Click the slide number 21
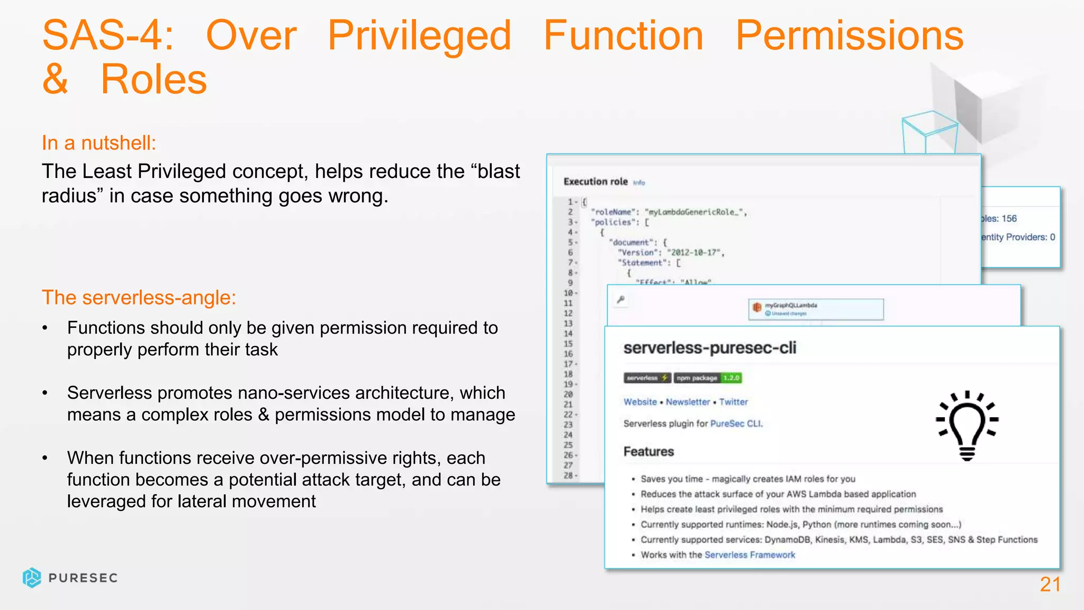click(1050, 585)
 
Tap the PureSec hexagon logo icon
click(32, 578)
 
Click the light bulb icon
click(967, 425)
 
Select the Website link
click(640, 402)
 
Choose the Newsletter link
click(688, 402)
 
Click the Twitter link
click(733, 402)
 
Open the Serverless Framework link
click(749, 555)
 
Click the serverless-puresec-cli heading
click(709, 348)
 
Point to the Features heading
click(648, 452)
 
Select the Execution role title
click(595, 182)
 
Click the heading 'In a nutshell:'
click(99, 143)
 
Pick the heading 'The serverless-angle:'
click(139, 298)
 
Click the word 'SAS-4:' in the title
click(108, 35)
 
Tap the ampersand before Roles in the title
click(55, 79)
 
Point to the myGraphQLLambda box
click(816, 309)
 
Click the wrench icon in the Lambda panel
click(621, 300)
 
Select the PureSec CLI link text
click(736, 424)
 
